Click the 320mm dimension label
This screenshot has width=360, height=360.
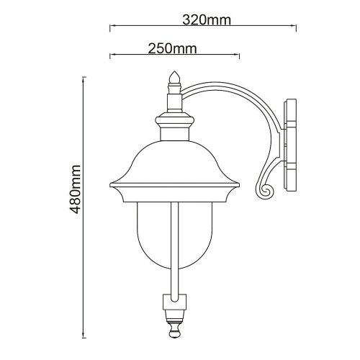tap(207, 20)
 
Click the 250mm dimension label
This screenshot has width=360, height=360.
tap(172, 49)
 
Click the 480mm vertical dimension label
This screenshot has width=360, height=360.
tap(75, 189)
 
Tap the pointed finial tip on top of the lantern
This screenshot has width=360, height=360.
tap(174, 72)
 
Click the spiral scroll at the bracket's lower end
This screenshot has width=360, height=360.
tap(264, 191)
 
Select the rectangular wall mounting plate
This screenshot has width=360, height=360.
tap(290, 145)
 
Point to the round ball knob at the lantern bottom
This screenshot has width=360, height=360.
tap(174, 332)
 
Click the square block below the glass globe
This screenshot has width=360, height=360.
tap(174, 301)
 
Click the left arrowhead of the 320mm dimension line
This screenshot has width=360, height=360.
tap(111, 25)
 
